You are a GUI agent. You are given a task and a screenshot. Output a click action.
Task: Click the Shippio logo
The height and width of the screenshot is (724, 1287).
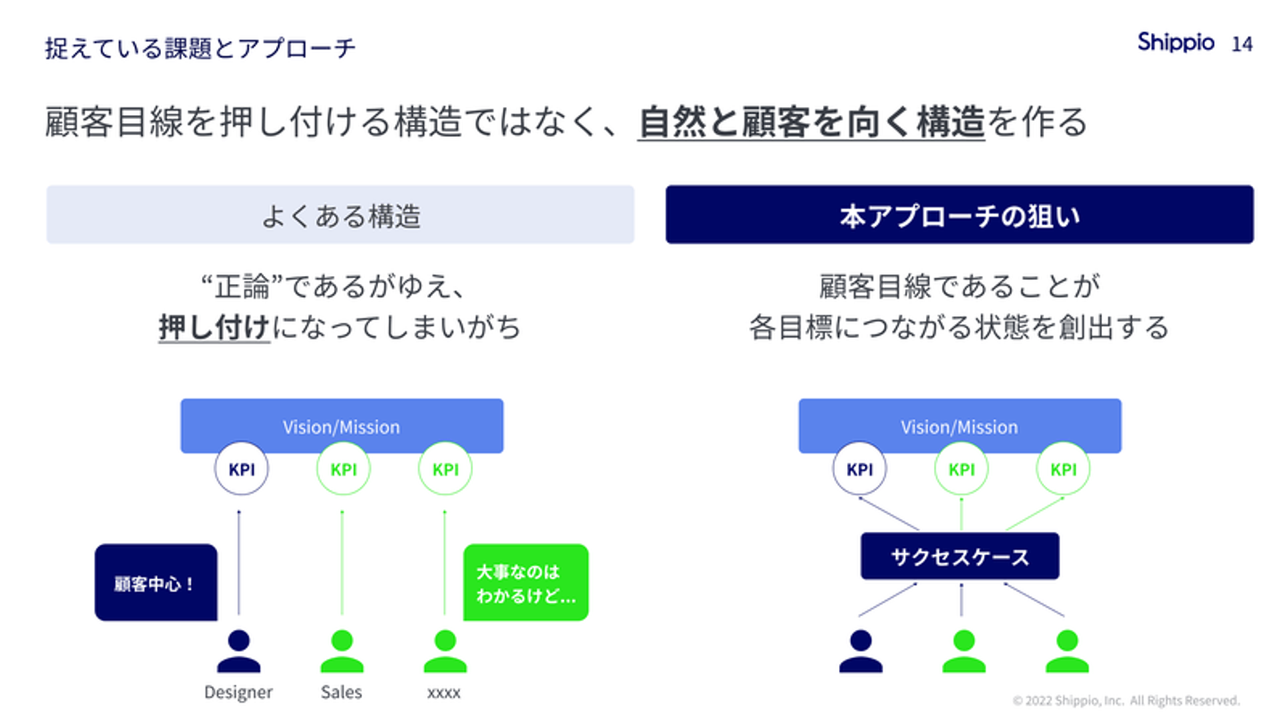pos(1175,42)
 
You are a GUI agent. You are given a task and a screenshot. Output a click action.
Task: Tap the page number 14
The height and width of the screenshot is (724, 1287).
pos(1241,44)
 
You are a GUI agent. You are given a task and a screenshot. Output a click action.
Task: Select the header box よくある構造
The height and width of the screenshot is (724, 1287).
pos(341,215)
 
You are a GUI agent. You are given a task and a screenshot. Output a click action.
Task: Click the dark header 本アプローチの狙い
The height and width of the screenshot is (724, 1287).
pos(959,215)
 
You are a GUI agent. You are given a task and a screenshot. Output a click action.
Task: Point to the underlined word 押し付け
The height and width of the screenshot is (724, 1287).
pos(214,327)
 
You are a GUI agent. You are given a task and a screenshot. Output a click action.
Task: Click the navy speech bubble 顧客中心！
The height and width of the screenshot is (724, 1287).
pos(156,583)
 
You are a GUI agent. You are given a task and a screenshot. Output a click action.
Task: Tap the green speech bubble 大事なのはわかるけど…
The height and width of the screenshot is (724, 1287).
pos(526,582)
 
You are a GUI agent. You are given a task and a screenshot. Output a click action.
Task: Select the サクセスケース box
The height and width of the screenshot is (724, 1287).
pos(960,556)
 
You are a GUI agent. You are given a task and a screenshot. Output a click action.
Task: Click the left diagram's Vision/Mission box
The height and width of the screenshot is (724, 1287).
pos(341,425)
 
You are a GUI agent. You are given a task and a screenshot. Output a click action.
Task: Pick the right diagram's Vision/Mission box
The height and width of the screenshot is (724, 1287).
pos(959,425)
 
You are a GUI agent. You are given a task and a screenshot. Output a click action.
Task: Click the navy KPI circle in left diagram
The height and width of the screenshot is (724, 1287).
pos(241,468)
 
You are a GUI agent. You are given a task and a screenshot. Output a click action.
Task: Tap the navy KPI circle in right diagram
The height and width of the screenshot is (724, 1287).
pos(859,468)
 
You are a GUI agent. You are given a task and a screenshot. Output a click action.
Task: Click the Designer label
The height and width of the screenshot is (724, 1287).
pos(239,692)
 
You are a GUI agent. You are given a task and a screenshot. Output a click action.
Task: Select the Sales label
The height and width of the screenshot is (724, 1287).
pos(341,692)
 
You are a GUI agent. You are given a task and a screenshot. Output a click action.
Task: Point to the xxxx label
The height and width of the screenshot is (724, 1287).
pos(444,692)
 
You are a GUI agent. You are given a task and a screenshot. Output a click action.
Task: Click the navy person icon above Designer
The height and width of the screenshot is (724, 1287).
pos(239,652)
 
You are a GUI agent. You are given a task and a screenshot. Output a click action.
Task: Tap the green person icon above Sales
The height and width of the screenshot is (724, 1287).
pos(341,652)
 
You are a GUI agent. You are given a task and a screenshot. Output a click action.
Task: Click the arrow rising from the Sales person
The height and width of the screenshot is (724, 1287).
pos(341,563)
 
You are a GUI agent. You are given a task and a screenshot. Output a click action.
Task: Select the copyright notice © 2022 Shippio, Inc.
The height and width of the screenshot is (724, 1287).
pos(1126,701)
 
